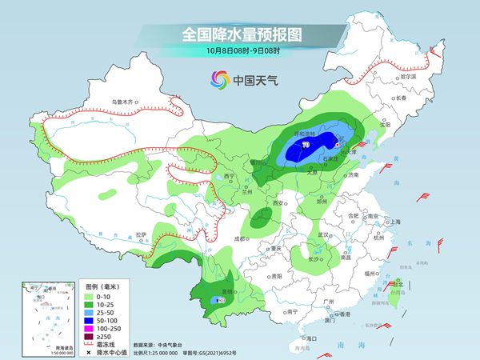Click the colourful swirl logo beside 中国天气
coord(219,79)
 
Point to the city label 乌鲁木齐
coord(125,103)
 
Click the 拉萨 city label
coord(141,234)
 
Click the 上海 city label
coord(392,222)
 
